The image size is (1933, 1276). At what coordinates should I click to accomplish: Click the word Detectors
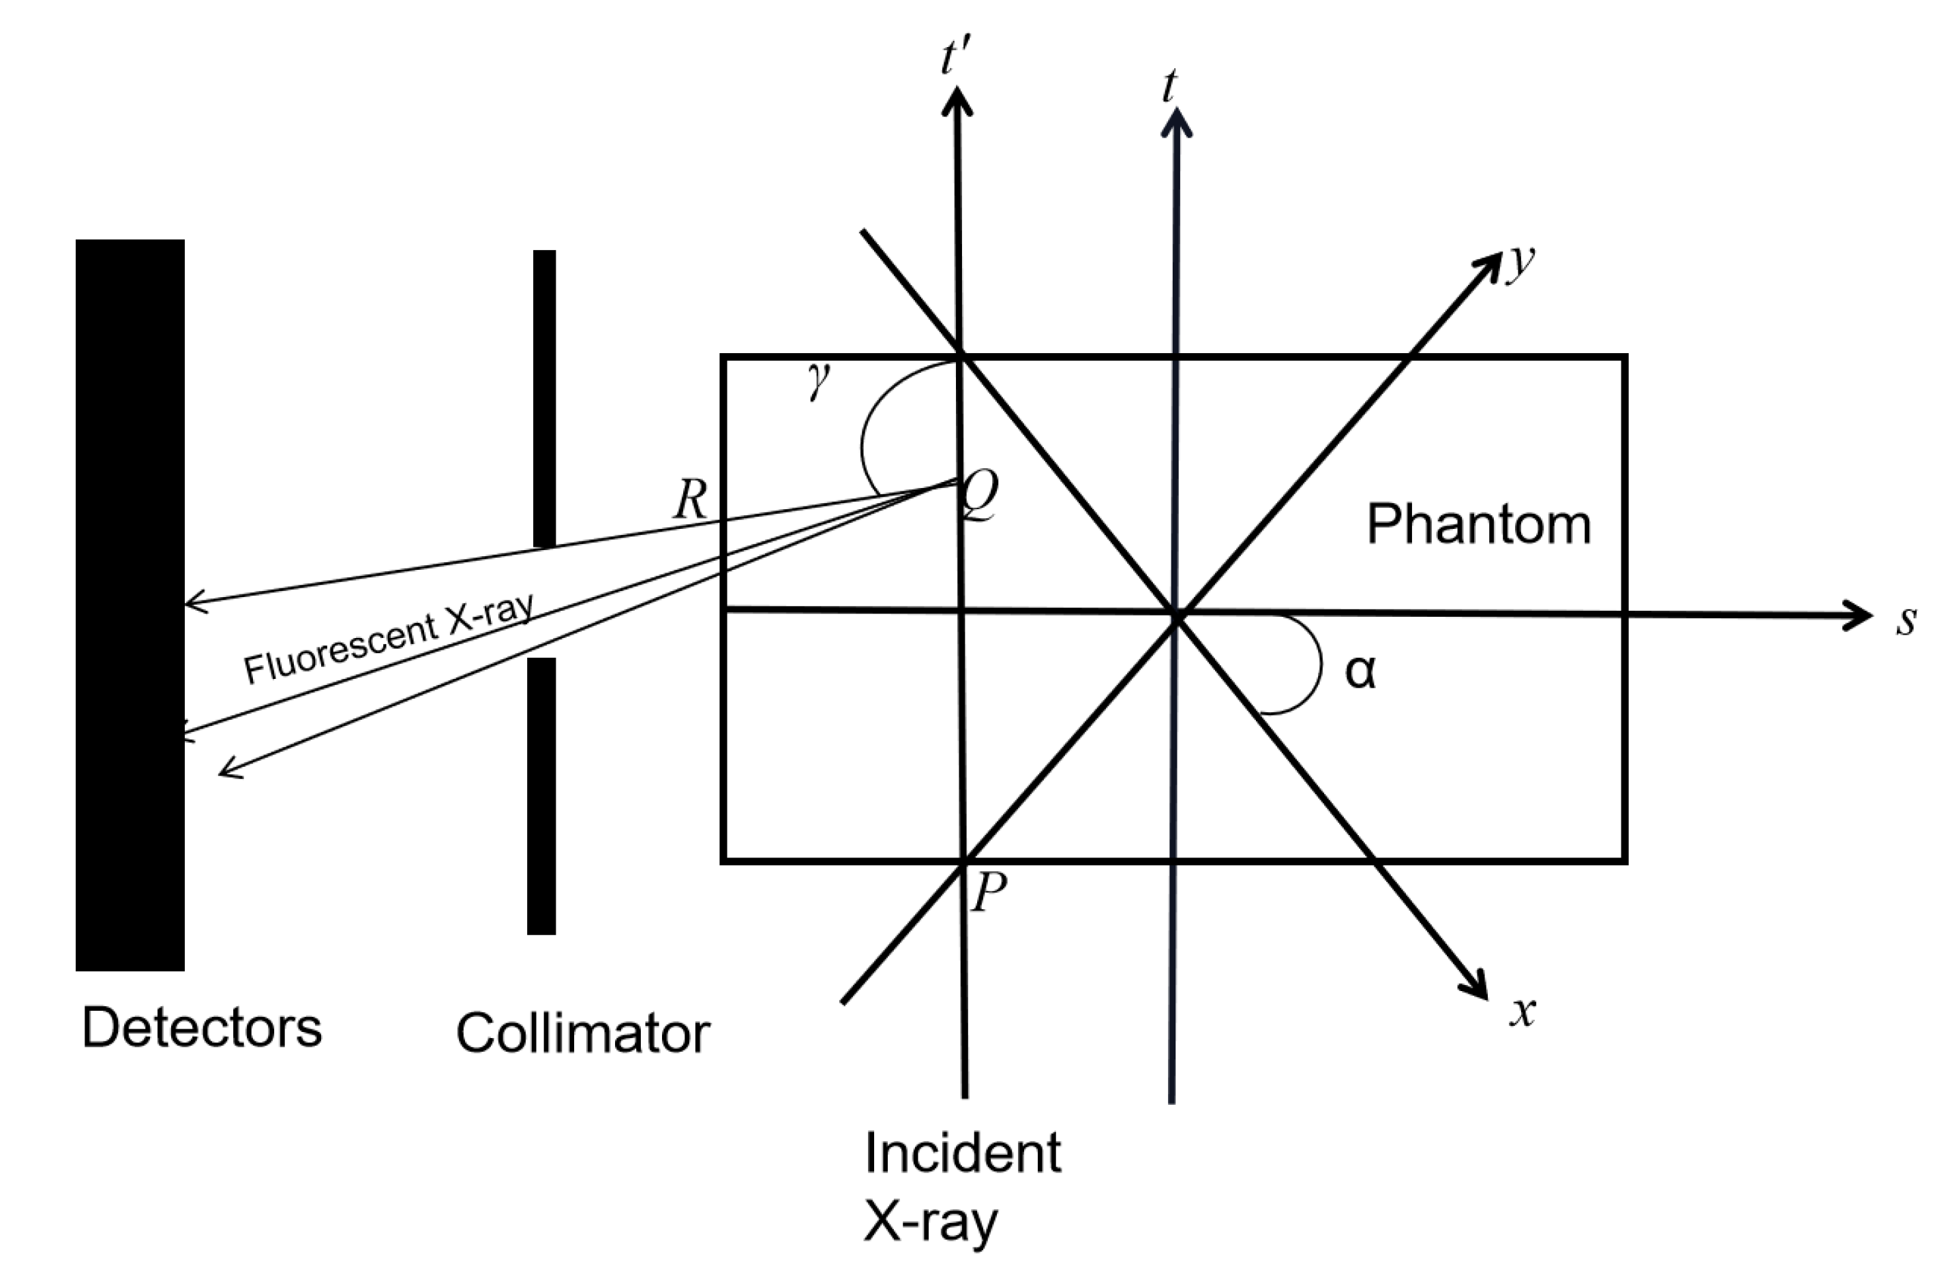(x=202, y=1028)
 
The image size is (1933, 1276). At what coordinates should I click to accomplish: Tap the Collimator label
(x=583, y=1033)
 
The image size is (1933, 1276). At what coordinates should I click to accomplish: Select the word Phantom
(x=1478, y=523)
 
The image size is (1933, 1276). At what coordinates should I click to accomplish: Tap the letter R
(x=690, y=500)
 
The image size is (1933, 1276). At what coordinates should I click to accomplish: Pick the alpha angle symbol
(x=1360, y=672)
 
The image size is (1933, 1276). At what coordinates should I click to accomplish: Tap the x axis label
(x=1522, y=1012)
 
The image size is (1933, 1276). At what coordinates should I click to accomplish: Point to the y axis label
(x=1518, y=262)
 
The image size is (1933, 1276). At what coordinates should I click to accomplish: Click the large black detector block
(x=130, y=605)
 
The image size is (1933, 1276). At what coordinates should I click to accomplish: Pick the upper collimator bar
(x=545, y=399)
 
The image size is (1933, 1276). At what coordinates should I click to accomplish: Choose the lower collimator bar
(x=542, y=796)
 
